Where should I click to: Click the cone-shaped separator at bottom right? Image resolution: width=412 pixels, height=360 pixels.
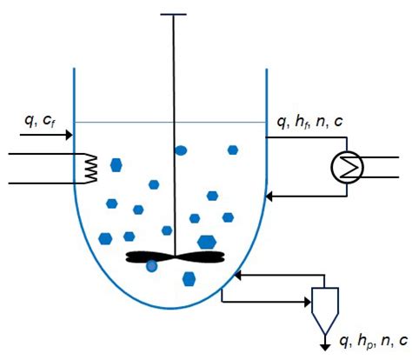pyautogui.click(x=324, y=305)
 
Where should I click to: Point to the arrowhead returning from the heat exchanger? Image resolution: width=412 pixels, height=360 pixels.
pyautogui.click(x=270, y=197)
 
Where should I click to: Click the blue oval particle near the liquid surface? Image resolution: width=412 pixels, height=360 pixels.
pyautogui.click(x=181, y=150)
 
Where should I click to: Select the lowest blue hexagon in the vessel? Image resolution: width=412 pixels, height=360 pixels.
pyautogui.click(x=189, y=279)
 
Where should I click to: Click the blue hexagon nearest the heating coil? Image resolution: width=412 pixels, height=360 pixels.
pyautogui.click(x=116, y=164)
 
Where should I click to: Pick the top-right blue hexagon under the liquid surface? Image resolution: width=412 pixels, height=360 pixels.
pyautogui.click(x=233, y=150)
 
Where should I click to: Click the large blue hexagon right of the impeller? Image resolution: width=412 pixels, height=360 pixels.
pyautogui.click(x=207, y=242)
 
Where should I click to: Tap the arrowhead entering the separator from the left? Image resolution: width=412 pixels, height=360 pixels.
pyautogui.click(x=308, y=303)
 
